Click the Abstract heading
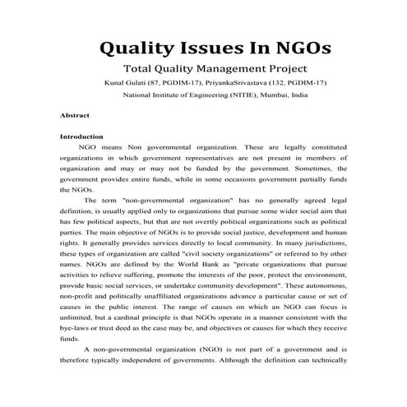pyautogui.click(x=75, y=115)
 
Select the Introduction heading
pyautogui.click(x=81, y=136)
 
